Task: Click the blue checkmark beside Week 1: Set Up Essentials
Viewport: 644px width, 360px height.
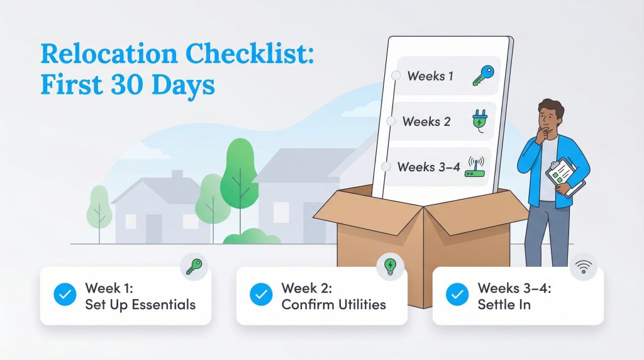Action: [x=65, y=295]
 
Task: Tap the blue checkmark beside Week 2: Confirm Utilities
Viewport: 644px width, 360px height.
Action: [x=261, y=295]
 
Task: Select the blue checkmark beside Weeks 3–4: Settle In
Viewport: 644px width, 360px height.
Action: [x=457, y=295]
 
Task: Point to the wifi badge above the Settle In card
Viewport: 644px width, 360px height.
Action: [x=584, y=268]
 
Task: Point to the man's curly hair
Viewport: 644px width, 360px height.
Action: [x=552, y=106]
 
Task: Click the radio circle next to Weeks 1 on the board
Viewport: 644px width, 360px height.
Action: [x=396, y=76]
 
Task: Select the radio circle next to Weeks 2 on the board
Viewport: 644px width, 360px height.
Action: [x=391, y=121]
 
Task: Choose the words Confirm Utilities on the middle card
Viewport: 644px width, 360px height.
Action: [x=333, y=305]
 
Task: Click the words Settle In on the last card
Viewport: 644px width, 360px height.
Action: [x=504, y=305]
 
